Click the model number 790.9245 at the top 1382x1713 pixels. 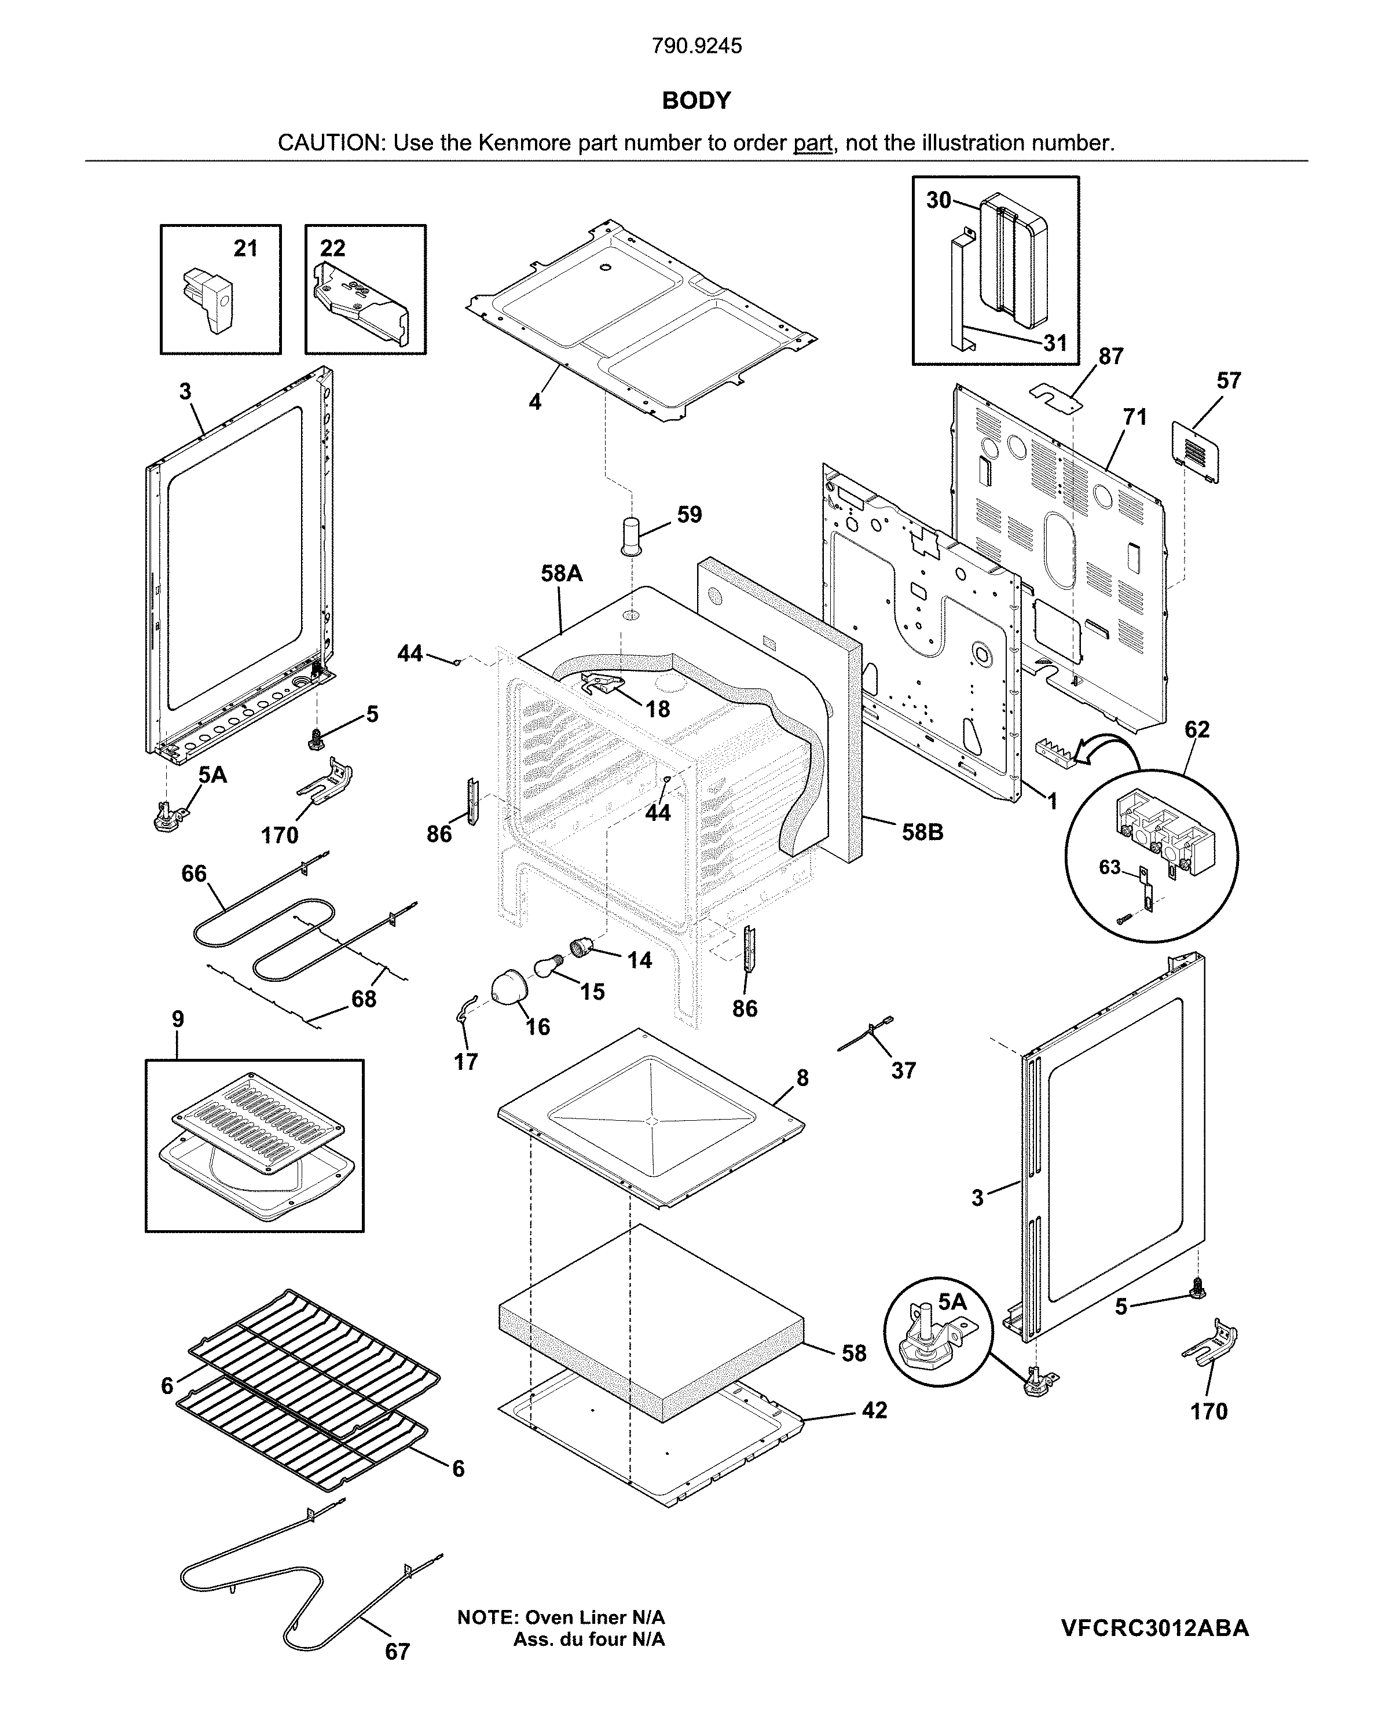pyautogui.click(x=696, y=46)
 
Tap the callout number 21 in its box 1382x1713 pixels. pyautogui.click(x=245, y=248)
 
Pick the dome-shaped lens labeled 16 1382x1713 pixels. pyautogui.click(x=508, y=989)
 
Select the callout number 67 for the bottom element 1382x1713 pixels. pyautogui.click(x=397, y=1652)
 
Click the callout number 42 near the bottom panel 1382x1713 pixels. pyautogui.click(x=874, y=1410)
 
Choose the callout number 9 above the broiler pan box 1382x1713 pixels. pyautogui.click(x=178, y=1019)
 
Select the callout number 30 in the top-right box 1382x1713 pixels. pyautogui.click(x=939, y=200)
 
